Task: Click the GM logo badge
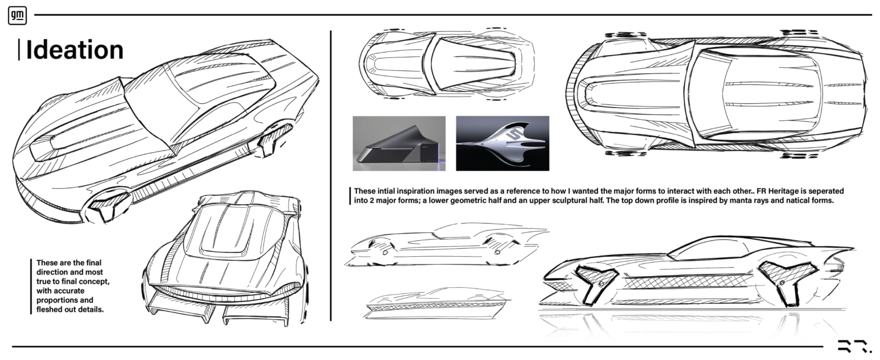17,16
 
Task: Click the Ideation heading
75,50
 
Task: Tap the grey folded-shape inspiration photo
399,144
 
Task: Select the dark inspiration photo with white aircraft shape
502,144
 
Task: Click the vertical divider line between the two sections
331,175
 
